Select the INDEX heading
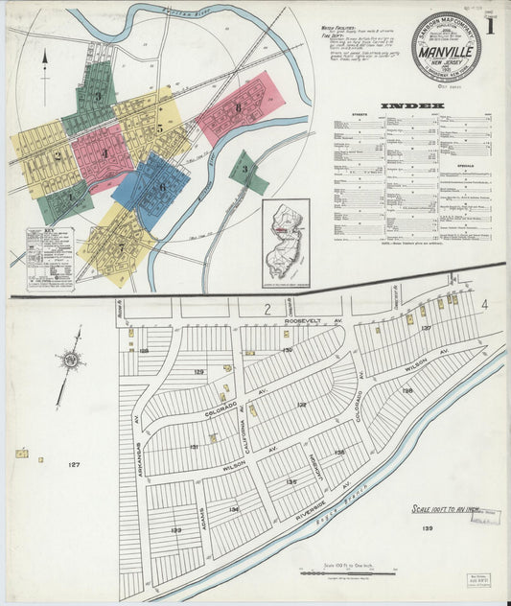(x=412, y=105)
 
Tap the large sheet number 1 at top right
(x=489, y=29)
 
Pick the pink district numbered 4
(x=103, y=153)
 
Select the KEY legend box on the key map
(x=50, y=259)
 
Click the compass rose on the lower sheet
(x=68, y=361)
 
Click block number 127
(x=74, y=465)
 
